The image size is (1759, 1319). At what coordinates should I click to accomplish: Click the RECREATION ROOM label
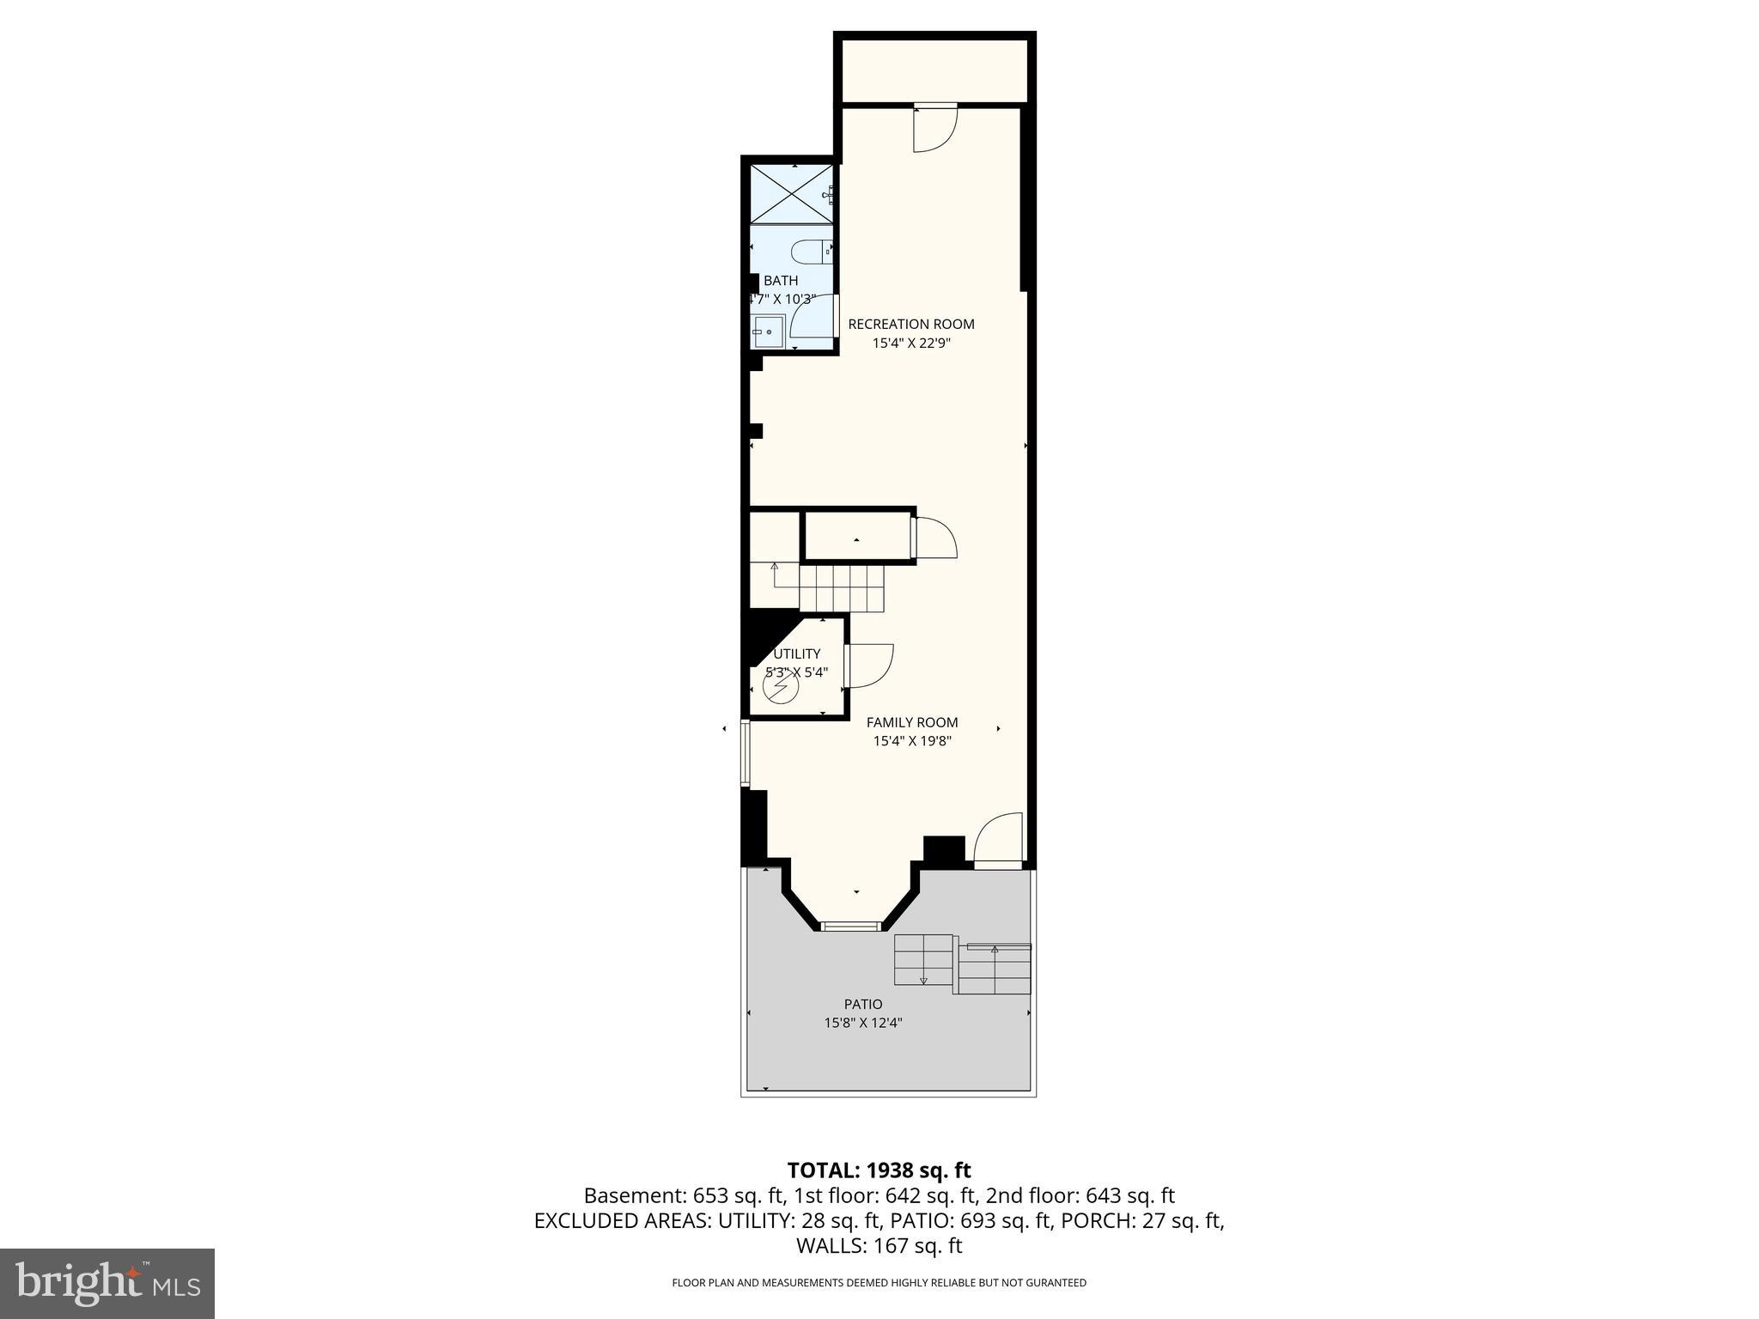coord(911,324)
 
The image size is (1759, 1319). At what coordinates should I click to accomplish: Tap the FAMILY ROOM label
coord(912,722)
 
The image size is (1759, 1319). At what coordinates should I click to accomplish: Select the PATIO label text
coord(863,1004)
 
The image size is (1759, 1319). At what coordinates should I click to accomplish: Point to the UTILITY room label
coord(797,653)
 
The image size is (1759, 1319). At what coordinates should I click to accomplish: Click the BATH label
coord(781,280)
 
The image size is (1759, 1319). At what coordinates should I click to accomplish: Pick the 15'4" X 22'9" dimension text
coord(912,343)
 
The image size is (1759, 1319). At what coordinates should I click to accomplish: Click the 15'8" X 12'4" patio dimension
coord(863,1023)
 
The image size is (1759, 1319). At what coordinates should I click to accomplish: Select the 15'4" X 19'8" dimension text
coord(912,741)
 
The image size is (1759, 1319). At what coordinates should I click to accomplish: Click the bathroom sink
coord(769,331)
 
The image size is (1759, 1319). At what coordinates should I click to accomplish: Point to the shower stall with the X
coord(791,193)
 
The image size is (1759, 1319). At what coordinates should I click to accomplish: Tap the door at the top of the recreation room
coord(935,129)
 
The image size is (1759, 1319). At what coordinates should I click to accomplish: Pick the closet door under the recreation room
coord(934,538)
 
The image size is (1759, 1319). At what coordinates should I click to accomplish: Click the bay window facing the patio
coord(851,926)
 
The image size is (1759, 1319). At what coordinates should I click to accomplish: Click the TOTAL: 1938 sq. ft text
coord(879,1170)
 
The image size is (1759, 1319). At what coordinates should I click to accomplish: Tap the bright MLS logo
coord(107,1284)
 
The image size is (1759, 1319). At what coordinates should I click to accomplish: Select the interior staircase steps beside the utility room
coord(842,588)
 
